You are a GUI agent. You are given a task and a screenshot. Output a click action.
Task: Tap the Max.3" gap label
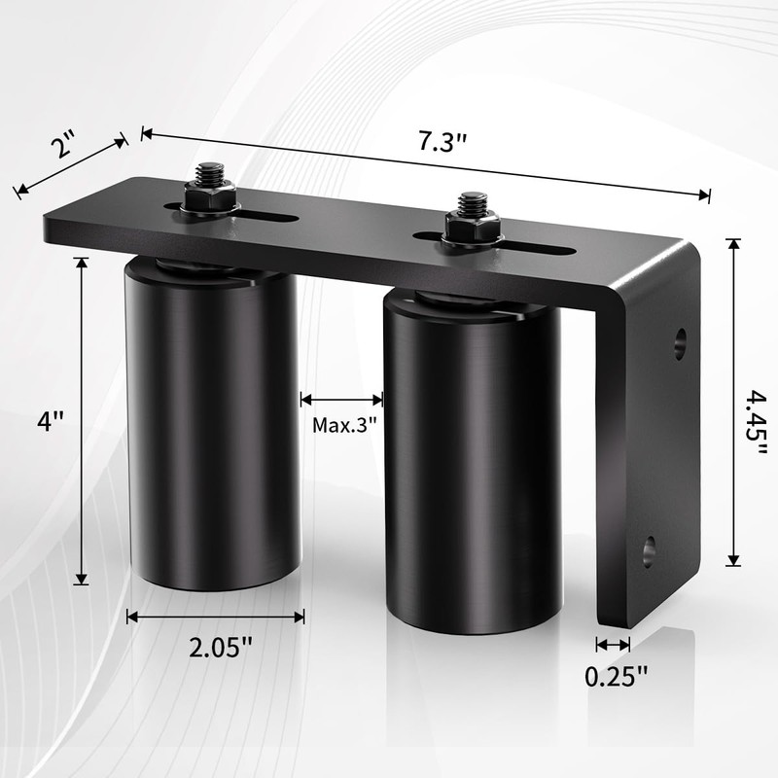click(344, 425)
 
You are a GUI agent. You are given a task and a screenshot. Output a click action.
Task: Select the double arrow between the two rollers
click(341, 398)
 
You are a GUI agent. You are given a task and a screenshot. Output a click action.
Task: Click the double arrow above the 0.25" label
click(613, 644)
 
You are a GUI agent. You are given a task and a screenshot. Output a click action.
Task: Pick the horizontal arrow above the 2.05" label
click(215, 616)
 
